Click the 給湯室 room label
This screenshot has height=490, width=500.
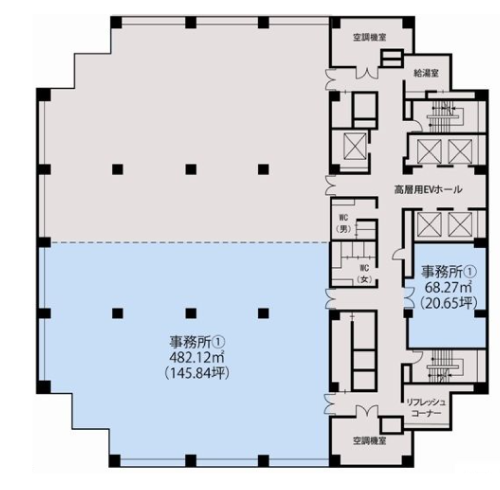point(426,73)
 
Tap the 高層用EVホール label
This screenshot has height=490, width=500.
point(428,190)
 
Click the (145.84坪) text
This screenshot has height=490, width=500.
point(197,374)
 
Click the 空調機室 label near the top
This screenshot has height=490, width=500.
point(370,38)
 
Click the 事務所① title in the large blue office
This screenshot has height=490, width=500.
point(197,343)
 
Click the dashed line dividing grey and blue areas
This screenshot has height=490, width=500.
point(190,242)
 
